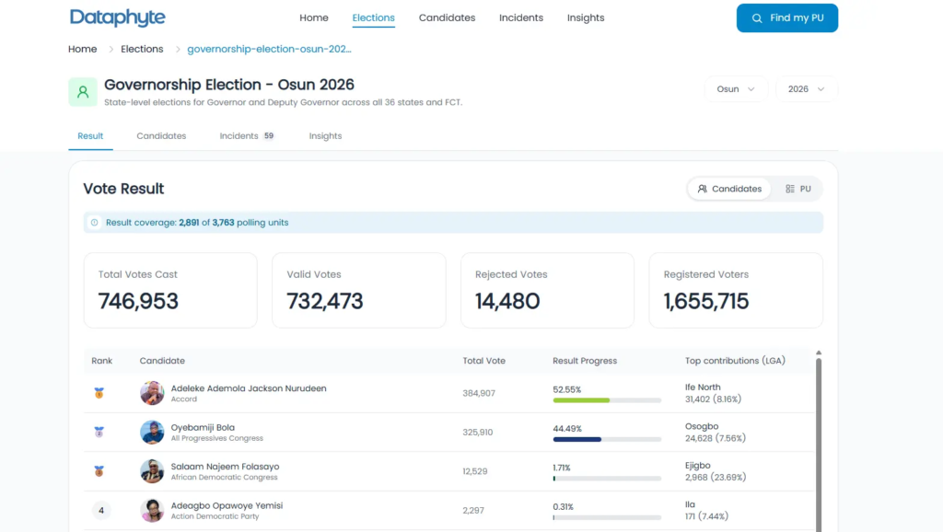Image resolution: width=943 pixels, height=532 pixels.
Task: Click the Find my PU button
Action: point(786,18)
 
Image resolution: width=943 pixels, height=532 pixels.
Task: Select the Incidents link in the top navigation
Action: point(521,18)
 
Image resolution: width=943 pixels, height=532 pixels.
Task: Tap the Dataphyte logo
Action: point(117,18)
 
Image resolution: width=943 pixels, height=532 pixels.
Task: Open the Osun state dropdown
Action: point(736,89)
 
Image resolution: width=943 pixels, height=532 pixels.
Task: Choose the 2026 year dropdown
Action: point(806,89)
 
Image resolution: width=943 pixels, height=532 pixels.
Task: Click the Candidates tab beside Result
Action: point(161,136)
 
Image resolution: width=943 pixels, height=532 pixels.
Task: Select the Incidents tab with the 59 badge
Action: point(247,136)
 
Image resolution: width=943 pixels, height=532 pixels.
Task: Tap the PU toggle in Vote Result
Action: point(798,189)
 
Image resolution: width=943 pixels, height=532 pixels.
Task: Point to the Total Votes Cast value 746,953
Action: point(138,301)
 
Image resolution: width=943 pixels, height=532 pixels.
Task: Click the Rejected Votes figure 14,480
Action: point(507,301)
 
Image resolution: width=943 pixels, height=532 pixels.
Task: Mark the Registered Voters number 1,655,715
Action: point(706,301)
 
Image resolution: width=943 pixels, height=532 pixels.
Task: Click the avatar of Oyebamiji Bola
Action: point(152,433)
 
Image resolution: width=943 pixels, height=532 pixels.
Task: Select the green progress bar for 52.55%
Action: point(581,400)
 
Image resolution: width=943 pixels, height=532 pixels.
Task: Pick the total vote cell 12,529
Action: point(475,471)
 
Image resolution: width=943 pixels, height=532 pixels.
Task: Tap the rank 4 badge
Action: point(101,510)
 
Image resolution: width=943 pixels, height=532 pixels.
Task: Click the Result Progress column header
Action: point(585,361)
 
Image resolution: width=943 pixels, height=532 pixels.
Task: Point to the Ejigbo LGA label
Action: point(698,466)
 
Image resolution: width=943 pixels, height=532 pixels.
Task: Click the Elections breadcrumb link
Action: point(142,50)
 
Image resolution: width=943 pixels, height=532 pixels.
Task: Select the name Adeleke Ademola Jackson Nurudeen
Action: point(249,388)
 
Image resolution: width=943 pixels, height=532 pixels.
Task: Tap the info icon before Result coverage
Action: point(95,223)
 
